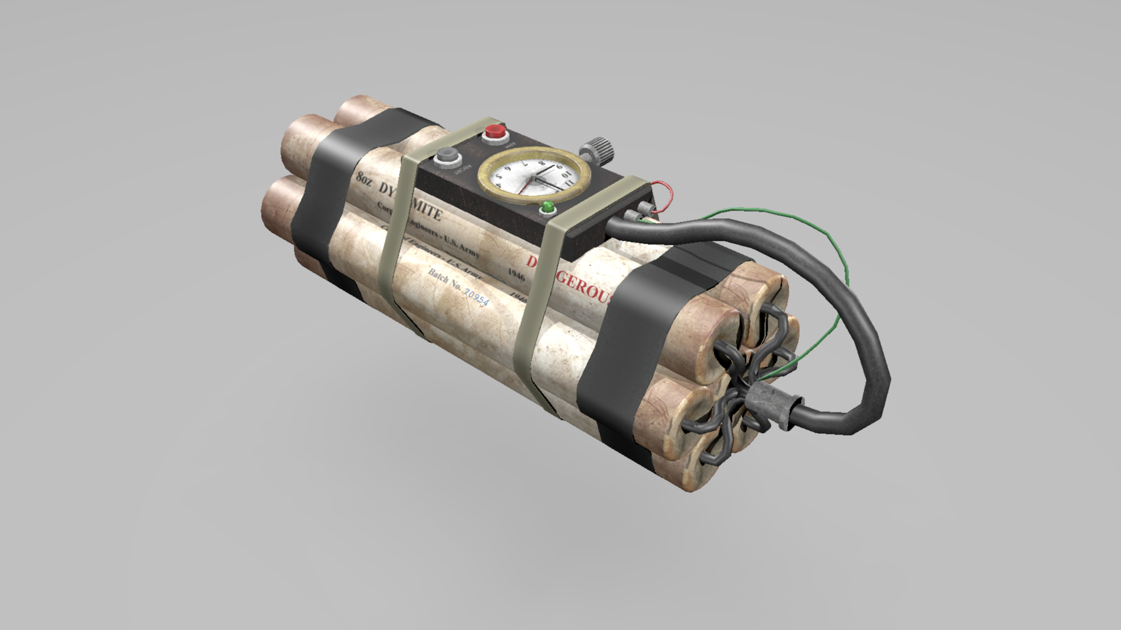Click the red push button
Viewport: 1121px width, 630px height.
pyautogui.click(x=495, y=132)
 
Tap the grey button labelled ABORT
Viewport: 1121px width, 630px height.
pyautogui.click(x=448, y=156)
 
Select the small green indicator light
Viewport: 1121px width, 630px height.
pyautogui.click(x=548, y=207)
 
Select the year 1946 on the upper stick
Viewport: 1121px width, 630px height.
pyautogui.click(x=516, y=273)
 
